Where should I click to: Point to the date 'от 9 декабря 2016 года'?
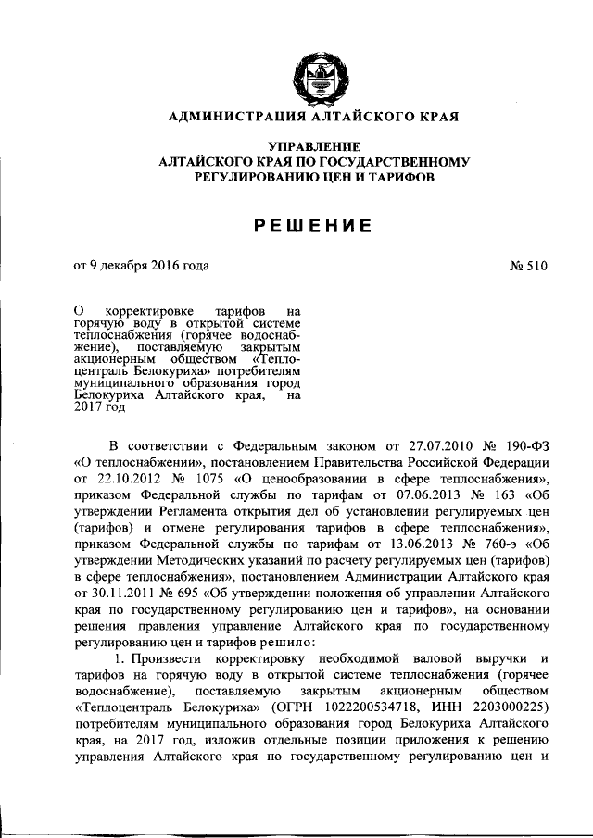pyautogui.click(x=141, y=267)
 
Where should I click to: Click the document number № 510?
pyautogui.click(x=528, y=267)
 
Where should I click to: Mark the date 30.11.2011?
pyautogui.click(x=118, y=594)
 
